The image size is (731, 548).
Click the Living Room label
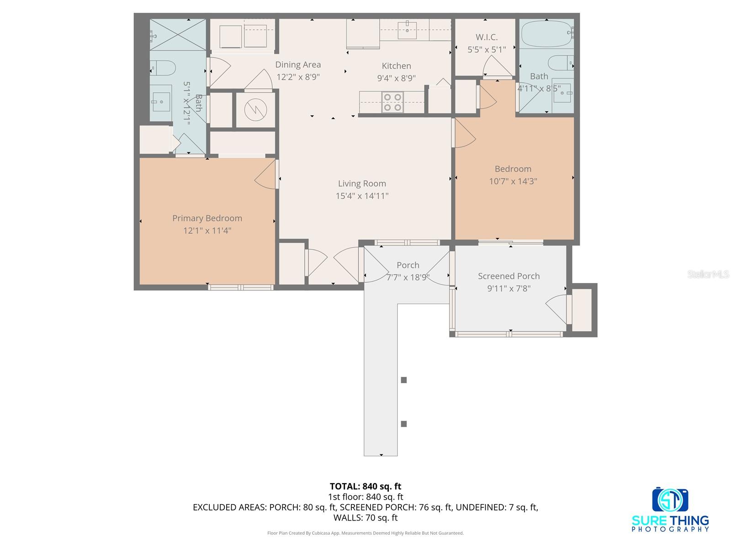click(362, 184)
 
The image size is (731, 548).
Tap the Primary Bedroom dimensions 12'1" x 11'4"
click(207, 231)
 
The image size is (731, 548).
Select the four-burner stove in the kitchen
click(392, 102)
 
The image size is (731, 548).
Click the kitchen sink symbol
click(407, 30)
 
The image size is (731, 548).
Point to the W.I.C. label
click(487, 37)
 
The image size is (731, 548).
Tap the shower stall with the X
click(178, 34)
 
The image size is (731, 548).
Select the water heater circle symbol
click(254, 109)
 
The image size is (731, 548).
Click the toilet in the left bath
click(163, 68)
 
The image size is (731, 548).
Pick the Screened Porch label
click(509, 276)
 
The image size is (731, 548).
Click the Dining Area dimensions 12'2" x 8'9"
click(298, 77)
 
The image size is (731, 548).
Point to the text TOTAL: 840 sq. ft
click(365, 486)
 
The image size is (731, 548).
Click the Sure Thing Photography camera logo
click(670, 500)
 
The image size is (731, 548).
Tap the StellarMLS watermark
click(708, 274)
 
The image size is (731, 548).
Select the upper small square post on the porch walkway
click(404, 380)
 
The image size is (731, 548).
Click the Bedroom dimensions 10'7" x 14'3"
click(513, 181)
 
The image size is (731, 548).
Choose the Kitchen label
click(396, 66)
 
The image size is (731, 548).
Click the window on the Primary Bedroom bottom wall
click(241, 287)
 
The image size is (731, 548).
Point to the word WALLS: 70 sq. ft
click(365, 518)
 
